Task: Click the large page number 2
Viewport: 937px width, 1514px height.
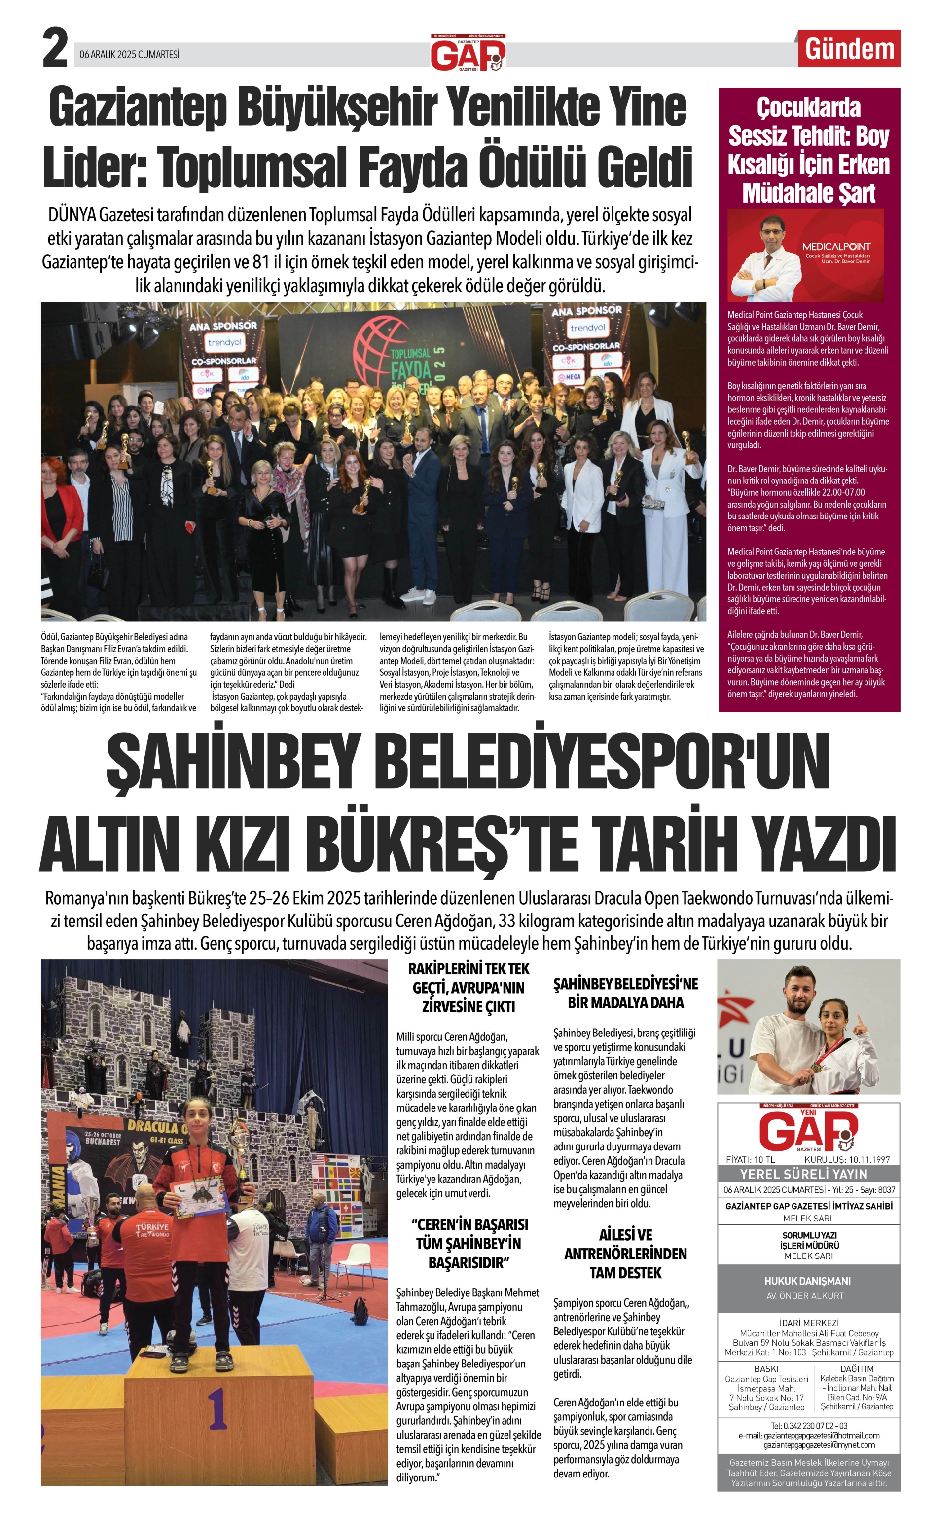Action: tap(55, 49)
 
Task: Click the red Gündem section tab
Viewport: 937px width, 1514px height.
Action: tap(850, 49)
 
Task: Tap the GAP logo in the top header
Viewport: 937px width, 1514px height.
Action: tap(468, 54)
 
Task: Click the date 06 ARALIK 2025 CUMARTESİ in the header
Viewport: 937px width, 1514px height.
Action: tap(130, 55)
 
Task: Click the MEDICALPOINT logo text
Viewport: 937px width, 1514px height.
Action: tap(836, 246)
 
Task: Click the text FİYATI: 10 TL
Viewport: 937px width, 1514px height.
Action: tap(750, 1159)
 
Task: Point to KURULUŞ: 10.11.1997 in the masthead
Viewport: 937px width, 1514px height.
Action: tap(847, 1159)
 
